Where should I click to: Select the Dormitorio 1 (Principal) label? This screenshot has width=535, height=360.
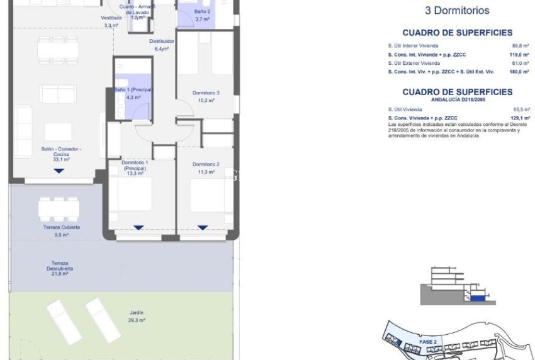[134, 168]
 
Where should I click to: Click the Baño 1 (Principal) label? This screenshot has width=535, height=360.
[133, 90]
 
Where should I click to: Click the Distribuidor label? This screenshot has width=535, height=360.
[162, 42]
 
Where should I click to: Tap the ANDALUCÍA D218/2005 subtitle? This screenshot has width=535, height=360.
[458, 99]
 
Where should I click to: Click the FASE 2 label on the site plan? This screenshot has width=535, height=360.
[428, 342]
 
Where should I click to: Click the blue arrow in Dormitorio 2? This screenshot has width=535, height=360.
[203, 227]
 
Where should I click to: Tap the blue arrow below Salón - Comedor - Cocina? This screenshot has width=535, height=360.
[59, 171]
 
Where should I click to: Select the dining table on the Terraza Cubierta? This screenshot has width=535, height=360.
[59, 208]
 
